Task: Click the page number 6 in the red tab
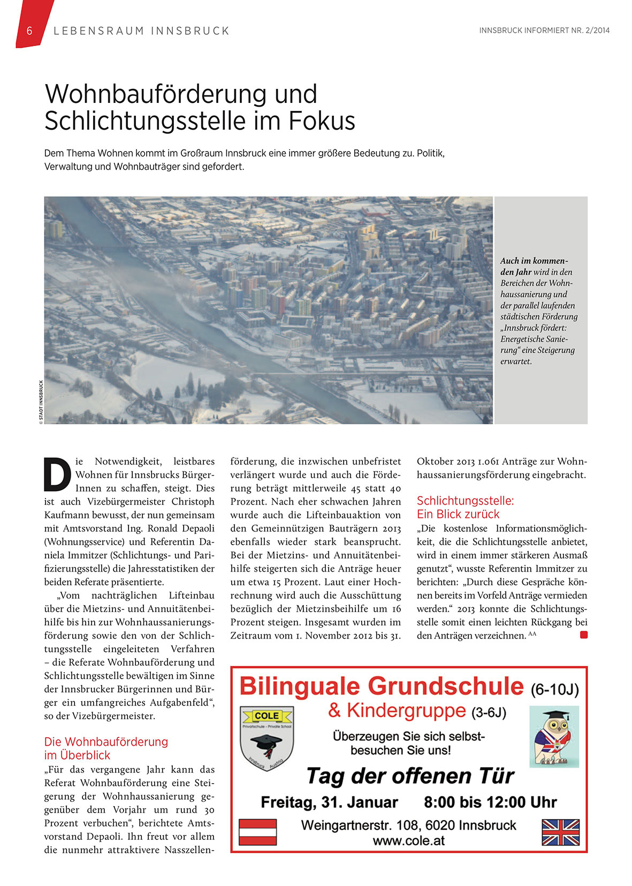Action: tap(29, 31)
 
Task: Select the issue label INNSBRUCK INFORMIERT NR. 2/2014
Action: tap(544, 31)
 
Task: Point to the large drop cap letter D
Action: tap(57, 474)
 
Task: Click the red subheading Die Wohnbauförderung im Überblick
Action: tap(106, 748)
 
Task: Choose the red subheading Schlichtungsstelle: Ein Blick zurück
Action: tap(465, 507)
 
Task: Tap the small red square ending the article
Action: tap(583, 635)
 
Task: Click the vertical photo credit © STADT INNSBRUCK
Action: tap(41, 402)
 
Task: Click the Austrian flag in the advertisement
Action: tap(257, 832)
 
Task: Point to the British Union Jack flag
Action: tap(560, 832)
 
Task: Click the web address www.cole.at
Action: tap(409, 840)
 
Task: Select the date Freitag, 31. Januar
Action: tap(329, 802)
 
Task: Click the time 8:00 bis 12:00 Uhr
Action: tap(490, 802)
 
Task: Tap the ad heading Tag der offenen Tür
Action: tap(409, 776)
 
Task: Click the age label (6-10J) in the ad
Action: tap(555, 689)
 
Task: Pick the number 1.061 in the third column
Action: tap(489, 461)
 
